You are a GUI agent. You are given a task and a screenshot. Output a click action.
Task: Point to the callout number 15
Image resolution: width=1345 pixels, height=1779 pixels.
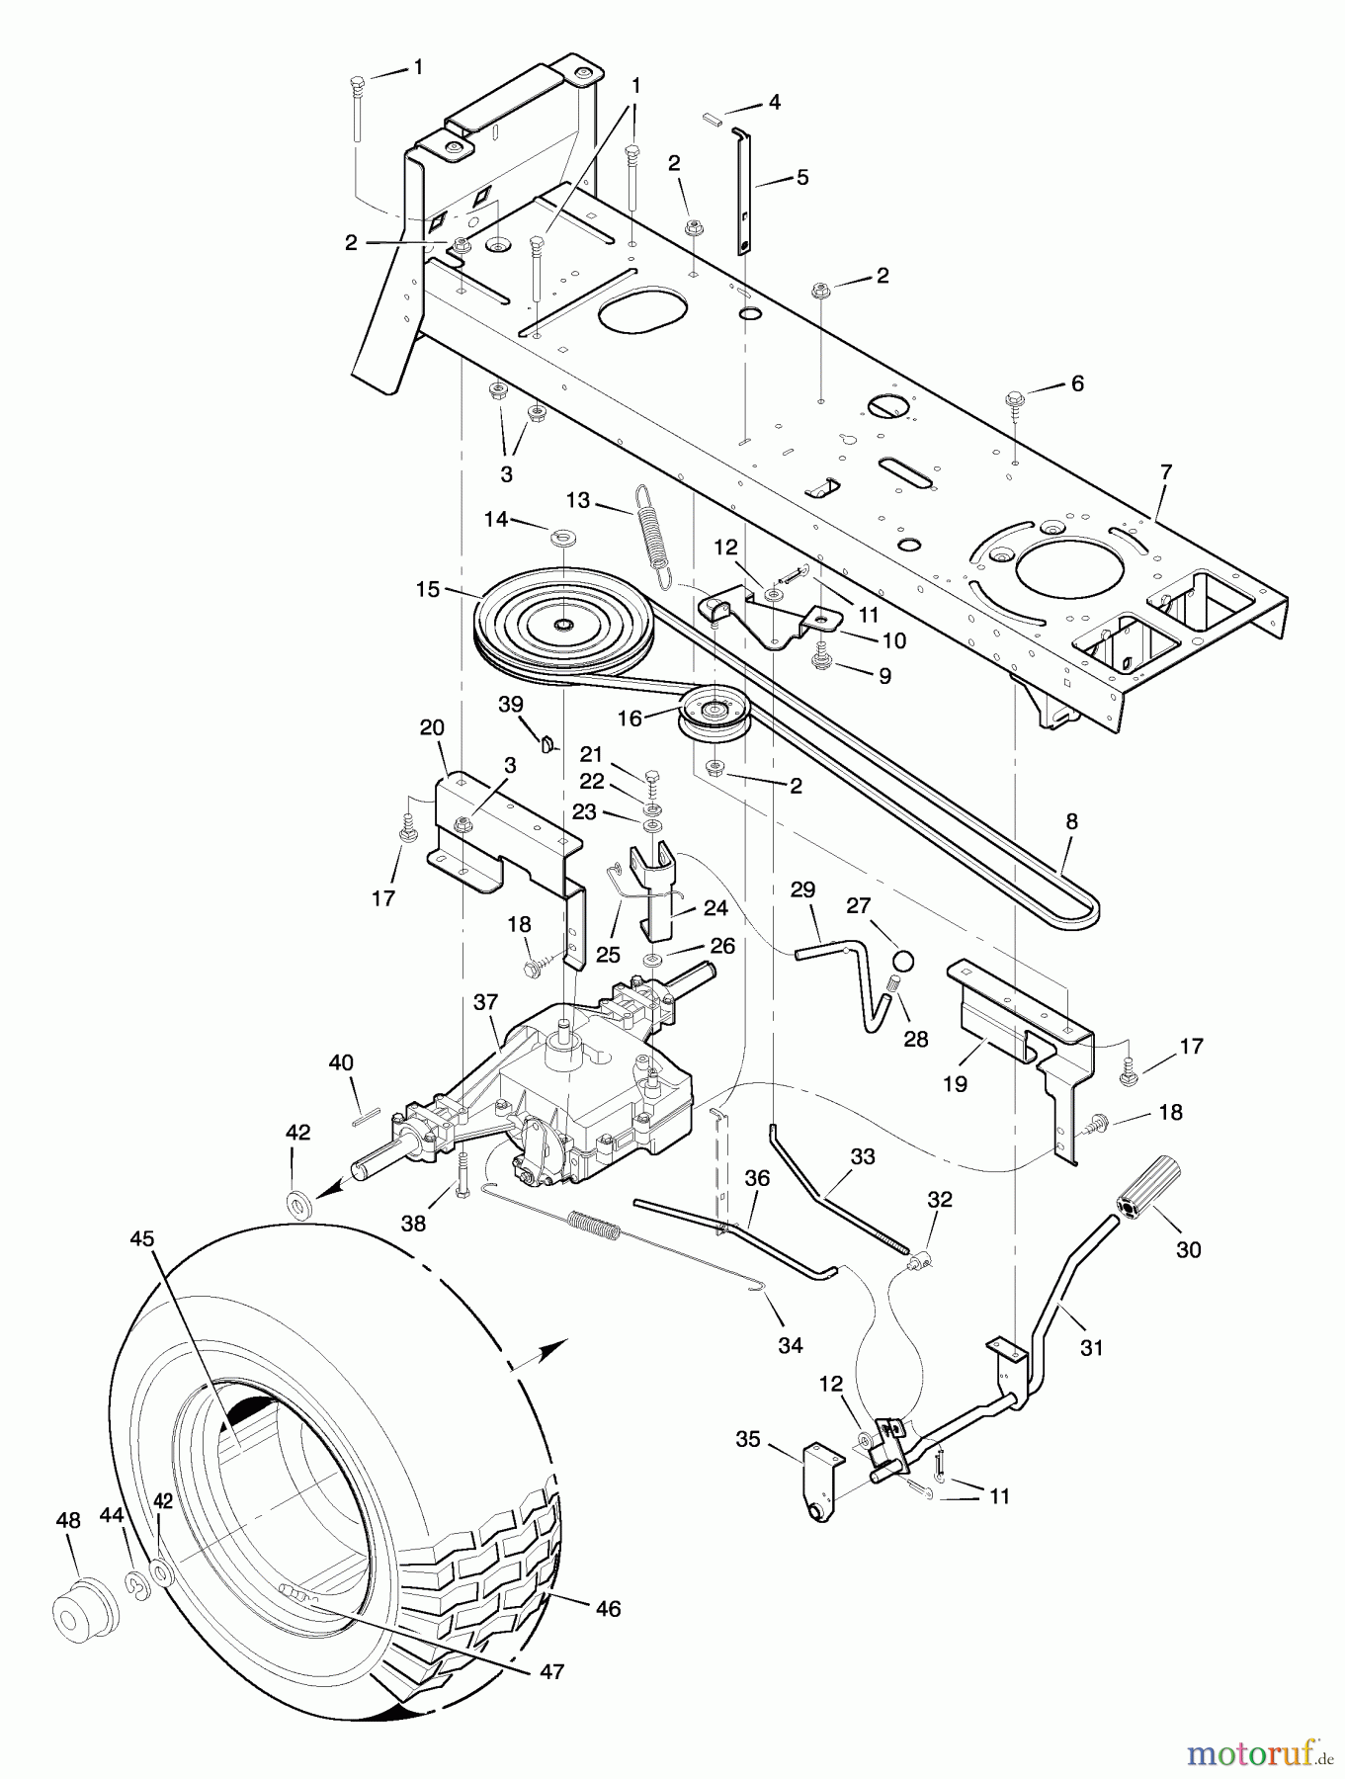coord(429,588)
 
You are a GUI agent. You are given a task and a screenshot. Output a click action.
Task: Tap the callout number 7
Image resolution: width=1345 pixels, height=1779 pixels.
coord(1165,472)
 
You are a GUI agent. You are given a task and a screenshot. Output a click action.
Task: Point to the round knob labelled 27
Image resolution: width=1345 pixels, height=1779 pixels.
coord(902,962)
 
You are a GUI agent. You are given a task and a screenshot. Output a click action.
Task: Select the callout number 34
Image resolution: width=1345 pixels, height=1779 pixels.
coord(790,1344)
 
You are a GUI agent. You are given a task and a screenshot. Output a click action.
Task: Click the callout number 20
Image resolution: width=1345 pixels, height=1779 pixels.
coord(432,727)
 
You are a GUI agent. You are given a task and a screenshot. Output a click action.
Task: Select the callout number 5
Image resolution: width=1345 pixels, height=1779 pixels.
coord(801,178)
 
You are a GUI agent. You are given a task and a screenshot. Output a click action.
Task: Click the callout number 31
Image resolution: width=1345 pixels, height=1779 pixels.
coord(1090,1346)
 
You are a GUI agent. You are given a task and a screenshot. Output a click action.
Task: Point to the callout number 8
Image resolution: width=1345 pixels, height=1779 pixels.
coord(1071,820)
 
